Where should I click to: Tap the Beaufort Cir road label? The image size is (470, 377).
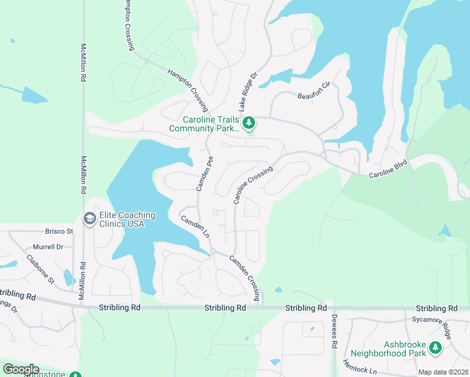314,92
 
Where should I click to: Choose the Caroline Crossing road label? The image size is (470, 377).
253,185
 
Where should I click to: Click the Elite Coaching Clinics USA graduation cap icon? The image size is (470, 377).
89,218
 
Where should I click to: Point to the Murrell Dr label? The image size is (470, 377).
48,247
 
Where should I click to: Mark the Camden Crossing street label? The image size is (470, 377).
244,277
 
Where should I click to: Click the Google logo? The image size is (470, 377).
21,369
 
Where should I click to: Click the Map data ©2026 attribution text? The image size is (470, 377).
443,372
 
